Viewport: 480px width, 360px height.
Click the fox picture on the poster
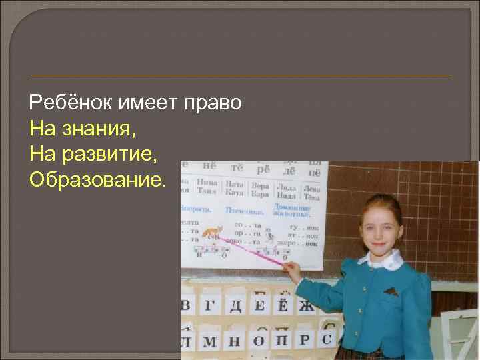[213, 234]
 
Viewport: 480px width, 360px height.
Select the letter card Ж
[306, 306]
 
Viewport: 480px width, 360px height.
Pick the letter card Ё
[282, 306]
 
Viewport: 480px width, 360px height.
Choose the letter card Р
[305, 341]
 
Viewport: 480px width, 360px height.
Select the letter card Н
[233, 342]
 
